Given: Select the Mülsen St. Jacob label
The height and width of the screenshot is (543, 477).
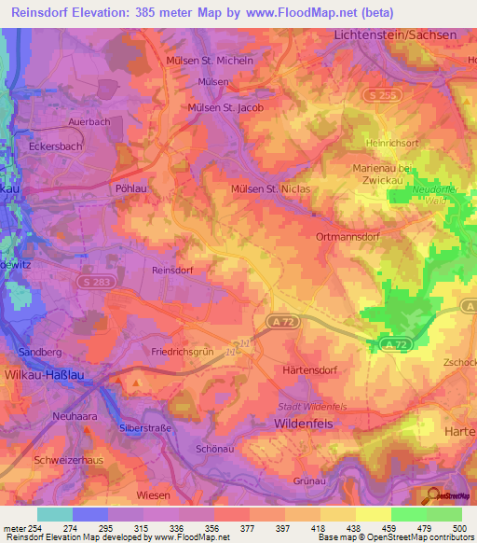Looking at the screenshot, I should tap(226, 107).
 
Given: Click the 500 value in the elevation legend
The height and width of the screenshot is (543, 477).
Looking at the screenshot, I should tap(454, 529).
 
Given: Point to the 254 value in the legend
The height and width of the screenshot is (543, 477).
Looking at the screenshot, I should tap(31, 529).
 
